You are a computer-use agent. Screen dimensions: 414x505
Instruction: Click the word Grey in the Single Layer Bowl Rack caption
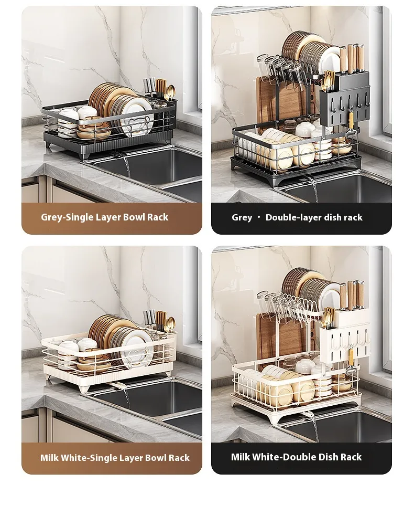52,217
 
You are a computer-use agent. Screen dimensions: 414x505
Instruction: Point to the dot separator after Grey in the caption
259,217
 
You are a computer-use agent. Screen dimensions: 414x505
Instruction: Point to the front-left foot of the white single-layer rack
84,387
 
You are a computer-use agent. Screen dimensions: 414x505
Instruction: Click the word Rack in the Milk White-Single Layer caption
179,458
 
